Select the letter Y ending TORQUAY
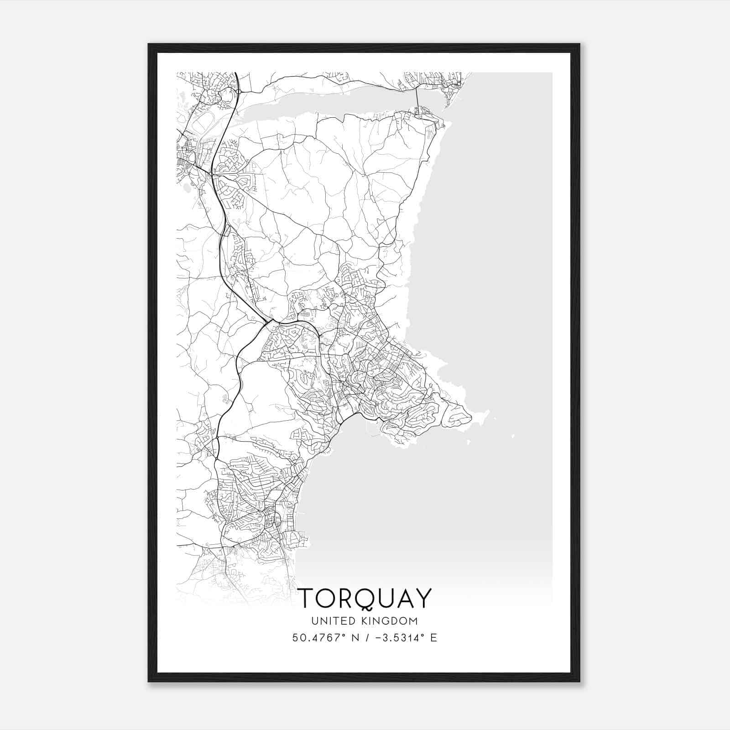point(423,598)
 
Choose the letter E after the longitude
point(433,637)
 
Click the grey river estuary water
point(319,103)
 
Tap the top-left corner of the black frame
point(149,45)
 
